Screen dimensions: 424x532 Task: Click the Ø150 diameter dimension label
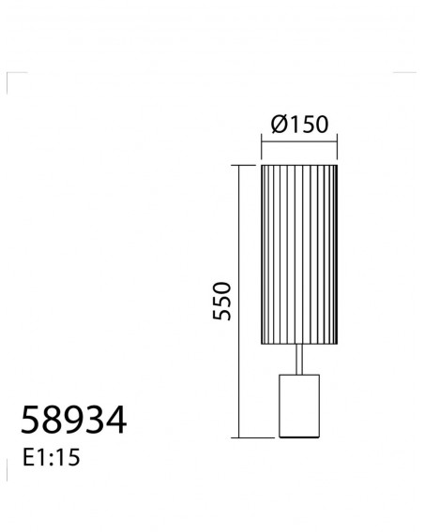pyautogui.click(x=299, y=125)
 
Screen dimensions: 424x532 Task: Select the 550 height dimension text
pyautogui.click(x=222, y=301)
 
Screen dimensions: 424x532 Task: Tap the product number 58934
pyautogui.click(x=73, y=420)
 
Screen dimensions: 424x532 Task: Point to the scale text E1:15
pyautogui.click(x=51, y=457)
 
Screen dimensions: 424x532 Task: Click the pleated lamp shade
pyautogui.click(x=299, y=255)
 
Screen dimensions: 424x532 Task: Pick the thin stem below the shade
pyautogui.click(x=299, y=360)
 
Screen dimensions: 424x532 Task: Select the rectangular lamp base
pyautogui.click(x=299, y=406)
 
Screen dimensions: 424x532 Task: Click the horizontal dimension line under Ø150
pyautogui.click(x=299, y=141)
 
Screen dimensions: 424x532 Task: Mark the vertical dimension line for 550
pyautogui.click(x=239, y=302)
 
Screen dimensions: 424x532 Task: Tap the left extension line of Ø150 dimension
pyautogui.click(x=262, y=146)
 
